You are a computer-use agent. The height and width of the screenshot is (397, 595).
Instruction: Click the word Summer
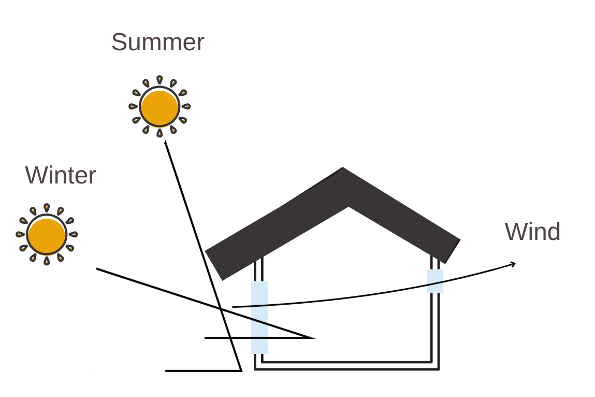pos(158,42)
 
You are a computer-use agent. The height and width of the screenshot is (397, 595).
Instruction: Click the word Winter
pos(61,175)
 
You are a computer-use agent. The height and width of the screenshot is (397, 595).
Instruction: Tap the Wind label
pos(532,231)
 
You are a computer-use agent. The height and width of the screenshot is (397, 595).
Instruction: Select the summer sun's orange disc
pos(159,107)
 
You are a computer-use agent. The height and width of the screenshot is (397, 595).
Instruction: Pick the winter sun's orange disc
pos(47,235)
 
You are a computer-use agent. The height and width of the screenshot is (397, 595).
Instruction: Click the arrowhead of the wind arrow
pos(513,264)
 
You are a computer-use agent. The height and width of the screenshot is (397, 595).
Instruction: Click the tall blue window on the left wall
pos(259,317)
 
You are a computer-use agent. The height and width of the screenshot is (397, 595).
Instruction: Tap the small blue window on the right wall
pos(435,281)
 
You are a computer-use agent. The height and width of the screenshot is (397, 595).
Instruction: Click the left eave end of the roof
pos(214,265)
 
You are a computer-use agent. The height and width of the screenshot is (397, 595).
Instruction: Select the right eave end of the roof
pos(453,251)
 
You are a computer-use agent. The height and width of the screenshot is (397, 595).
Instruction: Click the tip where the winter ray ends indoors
pos(314,338)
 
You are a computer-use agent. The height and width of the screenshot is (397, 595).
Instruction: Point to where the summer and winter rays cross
pos(221,309)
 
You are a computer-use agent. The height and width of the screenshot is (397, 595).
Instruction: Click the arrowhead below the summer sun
pos(165,143)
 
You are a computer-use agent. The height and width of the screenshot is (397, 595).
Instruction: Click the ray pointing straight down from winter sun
pos(47,261)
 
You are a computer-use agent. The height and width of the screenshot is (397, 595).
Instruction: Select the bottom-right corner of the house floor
pos(439,369)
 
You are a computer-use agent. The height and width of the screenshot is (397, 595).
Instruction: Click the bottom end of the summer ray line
pos(241,371)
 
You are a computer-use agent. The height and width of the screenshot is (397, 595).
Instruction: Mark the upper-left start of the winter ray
pos(97,269)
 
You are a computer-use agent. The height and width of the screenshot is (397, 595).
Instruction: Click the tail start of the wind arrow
pos(233,307)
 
